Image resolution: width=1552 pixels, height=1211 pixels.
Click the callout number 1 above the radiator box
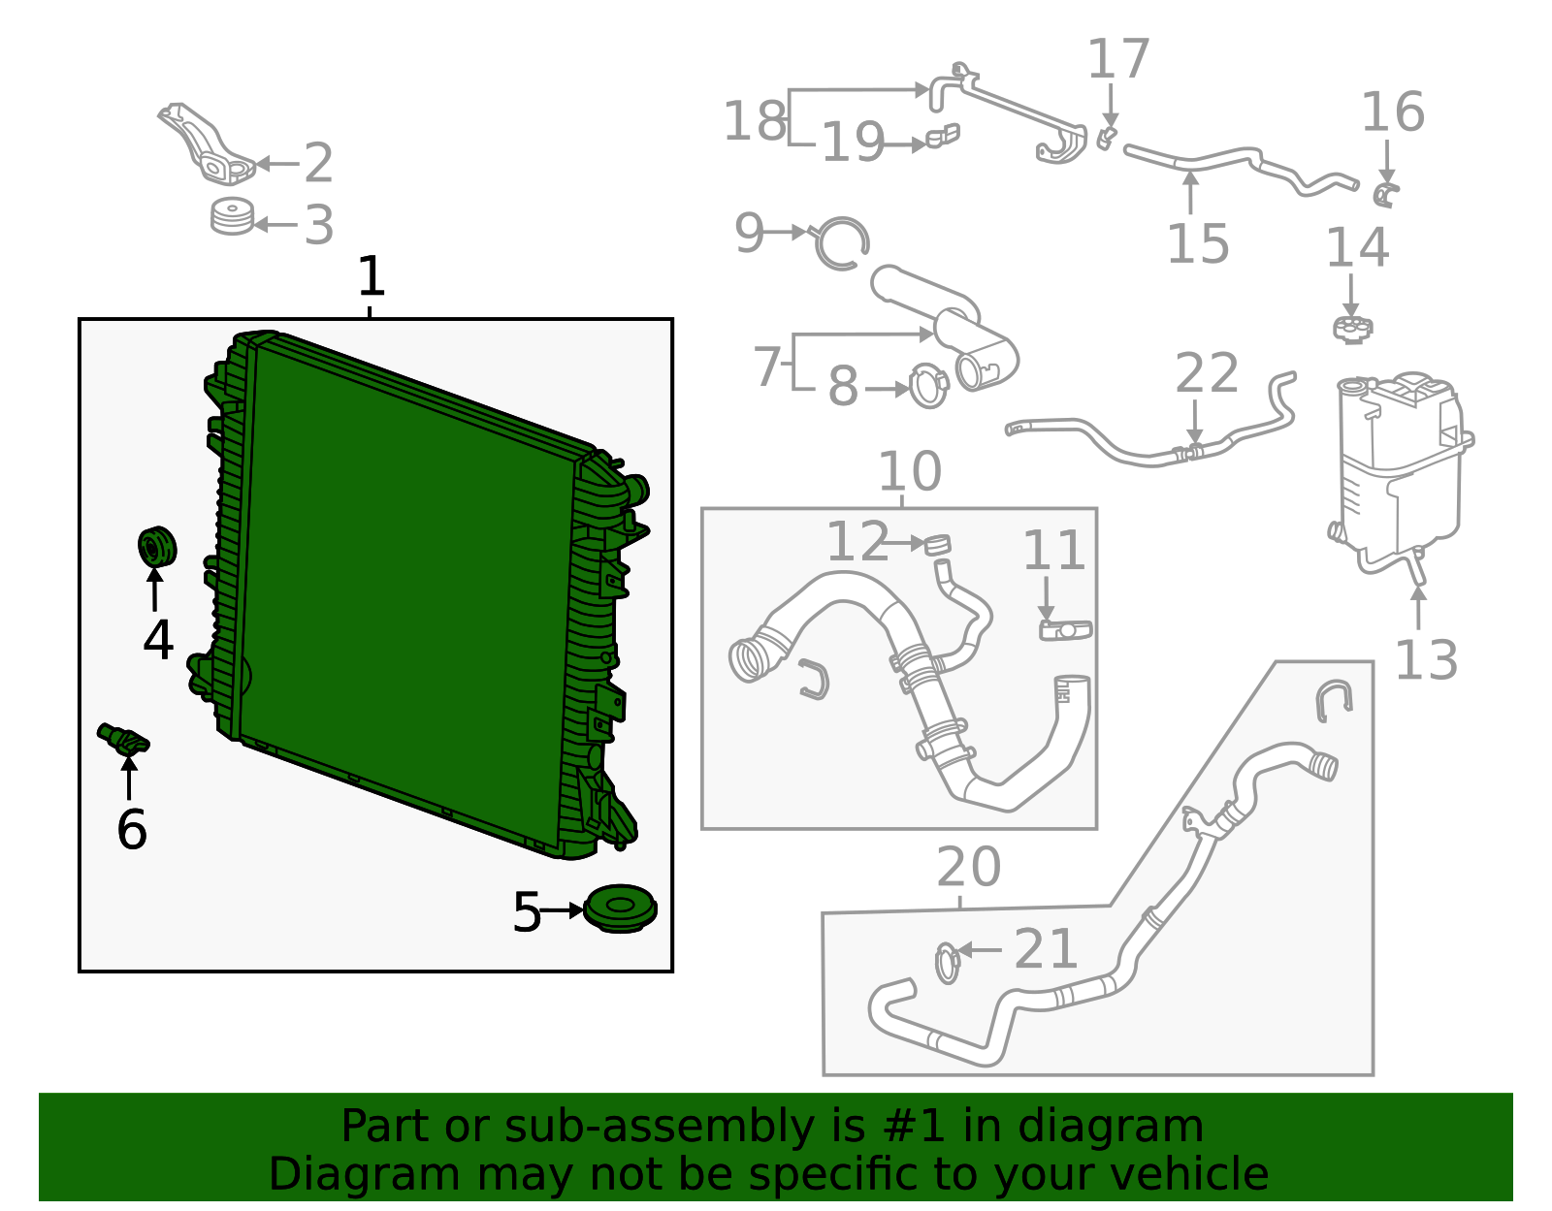point(372,277)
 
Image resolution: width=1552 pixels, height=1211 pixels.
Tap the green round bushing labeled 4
point(156,548)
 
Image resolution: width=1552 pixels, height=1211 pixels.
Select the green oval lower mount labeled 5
point(621,908)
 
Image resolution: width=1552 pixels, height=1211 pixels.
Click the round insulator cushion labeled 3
point(233,217)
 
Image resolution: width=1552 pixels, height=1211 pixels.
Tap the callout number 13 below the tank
point(1425,661)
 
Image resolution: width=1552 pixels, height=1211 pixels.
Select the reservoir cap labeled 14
point(1352,329)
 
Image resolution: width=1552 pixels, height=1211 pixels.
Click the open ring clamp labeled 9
point(841,243)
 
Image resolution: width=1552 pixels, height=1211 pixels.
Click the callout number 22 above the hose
point(1207,374)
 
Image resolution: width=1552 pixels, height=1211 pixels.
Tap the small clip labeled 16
point(1386,194)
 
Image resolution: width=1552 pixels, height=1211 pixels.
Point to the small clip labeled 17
point(1107,138)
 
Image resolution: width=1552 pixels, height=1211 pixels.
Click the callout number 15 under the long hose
point(1197,243)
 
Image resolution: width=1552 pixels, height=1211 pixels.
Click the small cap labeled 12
point(938,544)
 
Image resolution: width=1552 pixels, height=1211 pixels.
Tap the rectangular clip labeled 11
point(1065,630)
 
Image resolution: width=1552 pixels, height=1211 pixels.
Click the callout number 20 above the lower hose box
point(968,867)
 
